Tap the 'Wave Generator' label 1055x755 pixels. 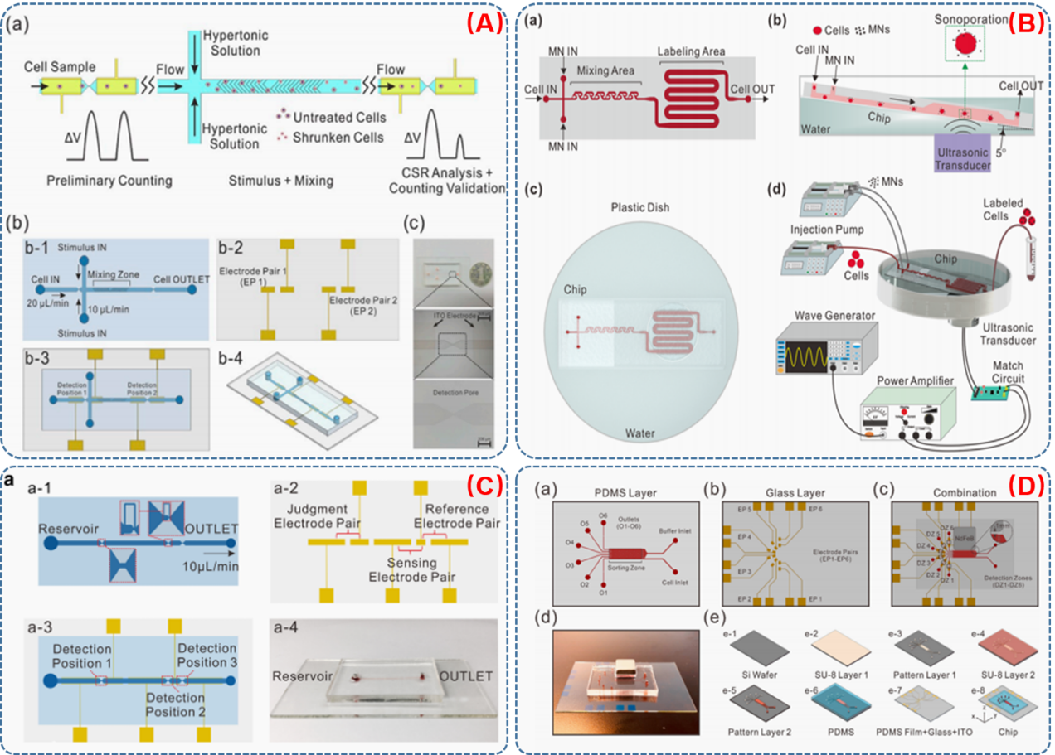pyautogui.click(x=817, y=316)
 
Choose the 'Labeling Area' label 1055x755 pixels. pyautogui.click(x=692, y=52)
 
